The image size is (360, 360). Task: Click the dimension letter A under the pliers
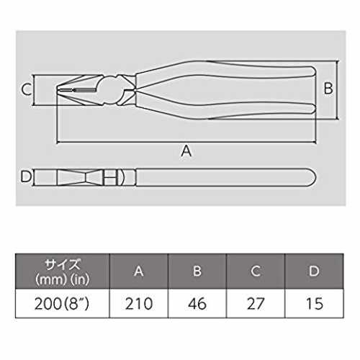click(186, 151)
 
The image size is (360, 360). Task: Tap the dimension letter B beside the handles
click(328, 88)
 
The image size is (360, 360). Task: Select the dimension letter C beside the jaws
click(26, 89)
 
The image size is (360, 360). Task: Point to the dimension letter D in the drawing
click(26, 176)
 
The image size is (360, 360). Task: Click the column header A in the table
click(139, 271)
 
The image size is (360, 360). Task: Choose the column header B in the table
click(197, 271)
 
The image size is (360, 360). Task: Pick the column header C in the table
click(256, 271)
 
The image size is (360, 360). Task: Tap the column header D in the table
click(314, 271)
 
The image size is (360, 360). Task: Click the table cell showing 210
click(139, 304)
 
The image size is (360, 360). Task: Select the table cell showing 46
click(197, 304)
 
